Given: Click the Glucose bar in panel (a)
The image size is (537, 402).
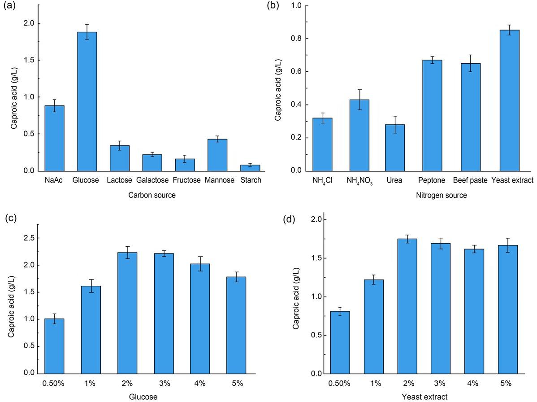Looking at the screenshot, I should (x=87, y=101).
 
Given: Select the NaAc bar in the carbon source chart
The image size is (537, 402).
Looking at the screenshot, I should (x=54, y=138).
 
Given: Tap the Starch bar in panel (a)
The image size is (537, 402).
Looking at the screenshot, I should (x=250, y=168).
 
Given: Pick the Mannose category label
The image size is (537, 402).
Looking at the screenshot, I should (x=219, y=180).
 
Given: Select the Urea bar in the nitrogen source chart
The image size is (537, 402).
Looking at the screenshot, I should (x=395, y=148).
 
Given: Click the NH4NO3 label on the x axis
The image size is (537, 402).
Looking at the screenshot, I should (x=359, y=181).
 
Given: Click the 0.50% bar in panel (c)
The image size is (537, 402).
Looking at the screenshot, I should (x=54, y=346).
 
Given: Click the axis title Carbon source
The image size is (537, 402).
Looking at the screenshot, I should (x=152, y=195).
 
